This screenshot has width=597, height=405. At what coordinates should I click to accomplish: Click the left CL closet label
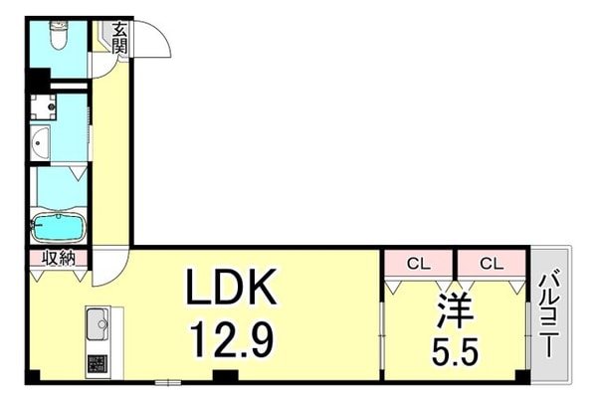419,263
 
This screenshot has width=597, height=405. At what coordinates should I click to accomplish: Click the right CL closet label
490,263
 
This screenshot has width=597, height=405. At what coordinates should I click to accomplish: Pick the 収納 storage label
58,259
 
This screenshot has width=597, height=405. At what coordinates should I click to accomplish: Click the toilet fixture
57,36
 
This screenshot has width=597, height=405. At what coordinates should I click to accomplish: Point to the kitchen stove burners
98,362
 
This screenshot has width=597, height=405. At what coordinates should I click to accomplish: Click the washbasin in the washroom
40,142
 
